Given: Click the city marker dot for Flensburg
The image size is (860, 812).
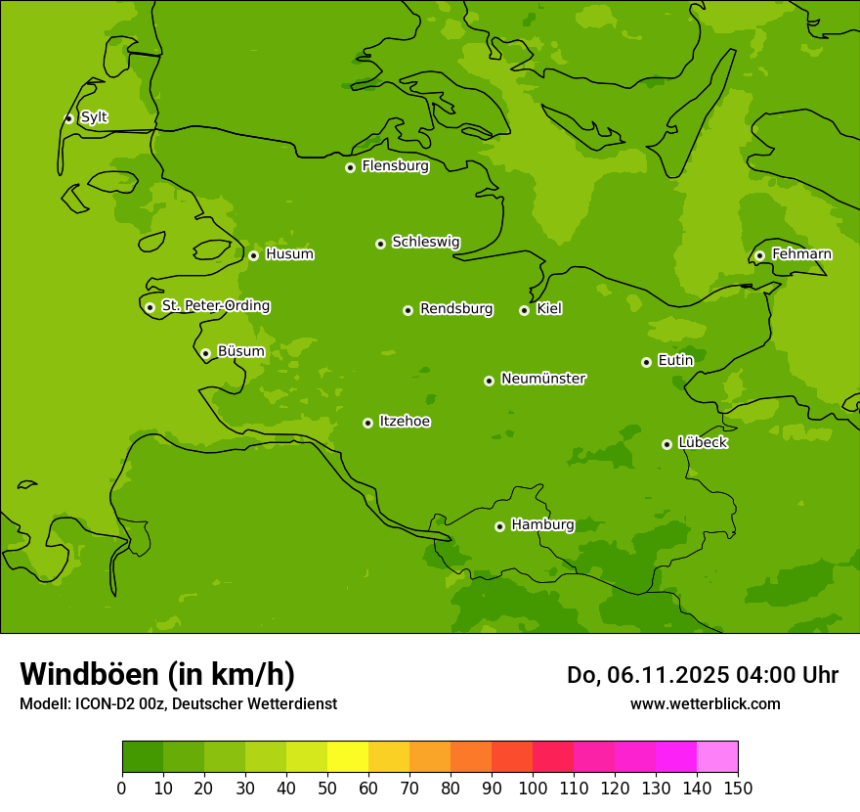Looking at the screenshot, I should [350, 167].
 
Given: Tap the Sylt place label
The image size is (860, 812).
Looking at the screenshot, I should [94, 117].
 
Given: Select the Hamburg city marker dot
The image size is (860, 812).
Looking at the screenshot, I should [499, 526].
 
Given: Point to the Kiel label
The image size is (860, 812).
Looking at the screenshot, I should [548, 309].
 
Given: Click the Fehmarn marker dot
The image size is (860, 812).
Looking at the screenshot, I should [759, 255].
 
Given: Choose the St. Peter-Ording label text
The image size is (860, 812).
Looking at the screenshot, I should [215, 306].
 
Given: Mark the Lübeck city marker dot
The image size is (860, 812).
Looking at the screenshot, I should [666, 444].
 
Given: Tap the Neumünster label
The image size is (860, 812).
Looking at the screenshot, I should [542, 379].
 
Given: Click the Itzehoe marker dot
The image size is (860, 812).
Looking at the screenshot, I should [367, 423].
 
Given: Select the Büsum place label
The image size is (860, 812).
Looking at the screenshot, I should [240, 351].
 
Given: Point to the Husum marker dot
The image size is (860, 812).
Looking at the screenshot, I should [253, 255].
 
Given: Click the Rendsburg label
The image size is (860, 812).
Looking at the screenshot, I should [455, 309].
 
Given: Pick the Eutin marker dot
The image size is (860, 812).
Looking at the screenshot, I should [646, 362].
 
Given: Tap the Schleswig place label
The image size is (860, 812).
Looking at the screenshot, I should [425, 242].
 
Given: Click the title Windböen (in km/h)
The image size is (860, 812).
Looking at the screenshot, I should [157, 674].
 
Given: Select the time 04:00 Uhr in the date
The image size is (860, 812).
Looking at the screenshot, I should [773, 675].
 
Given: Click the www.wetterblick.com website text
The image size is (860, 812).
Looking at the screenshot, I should [705, 703].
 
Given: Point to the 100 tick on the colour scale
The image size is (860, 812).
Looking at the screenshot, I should [533, 788].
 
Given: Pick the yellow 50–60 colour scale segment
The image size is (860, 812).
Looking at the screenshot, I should [348, 757].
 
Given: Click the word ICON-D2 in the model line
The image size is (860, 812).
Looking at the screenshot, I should [101, 703].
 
